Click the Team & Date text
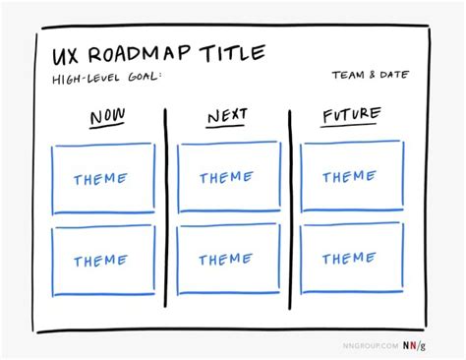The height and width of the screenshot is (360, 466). pyautogui.click(x=371, y=76)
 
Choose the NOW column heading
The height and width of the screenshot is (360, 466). pyautogui.click(x=107, y=119)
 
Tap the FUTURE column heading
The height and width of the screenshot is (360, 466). pyautogui.click(x=351, y=116)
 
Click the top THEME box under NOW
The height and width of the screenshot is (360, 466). pyautogui.click(x=100, y=179)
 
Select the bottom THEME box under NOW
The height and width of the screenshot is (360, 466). pyautogui.click(x=100, y=261)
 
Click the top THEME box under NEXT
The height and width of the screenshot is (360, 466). pyautogui.click(x=227, y=178)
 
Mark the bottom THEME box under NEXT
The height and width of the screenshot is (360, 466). pyautogui.click(x=226, y=260)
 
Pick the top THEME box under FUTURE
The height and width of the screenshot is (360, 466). pyautogui.click(x=351, y=177)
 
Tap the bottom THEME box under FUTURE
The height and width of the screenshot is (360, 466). pyautogui.click(x=350, y=258)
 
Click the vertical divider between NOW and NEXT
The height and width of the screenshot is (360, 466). pyautogui.click(x=165, y=207)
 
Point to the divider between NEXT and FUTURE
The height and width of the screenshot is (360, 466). pyautogui.click(x=290, y=207)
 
